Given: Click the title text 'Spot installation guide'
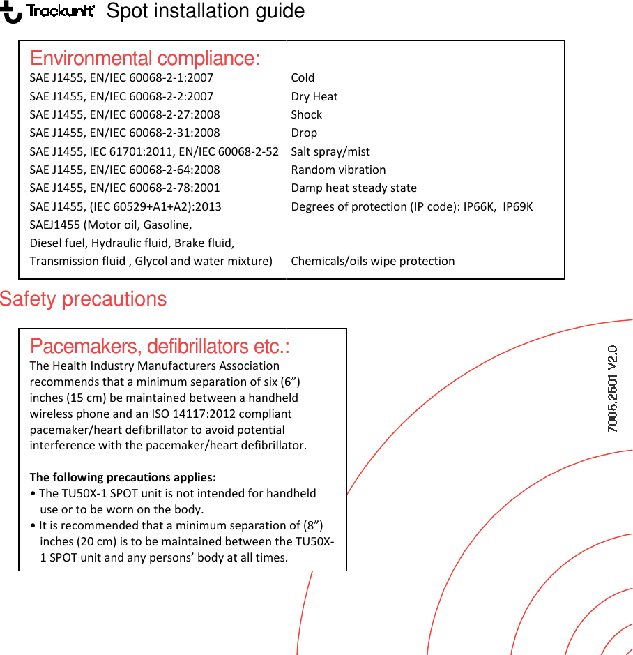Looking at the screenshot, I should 205,12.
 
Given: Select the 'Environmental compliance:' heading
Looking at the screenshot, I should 144,58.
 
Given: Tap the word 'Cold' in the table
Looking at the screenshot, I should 303,77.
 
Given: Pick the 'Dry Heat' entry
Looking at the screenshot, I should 314,96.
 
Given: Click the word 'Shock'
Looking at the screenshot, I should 307,114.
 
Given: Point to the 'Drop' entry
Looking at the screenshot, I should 304,133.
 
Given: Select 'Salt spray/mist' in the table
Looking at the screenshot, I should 330,151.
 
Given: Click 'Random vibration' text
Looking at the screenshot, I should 338,170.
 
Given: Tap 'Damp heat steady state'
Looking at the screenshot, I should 353,188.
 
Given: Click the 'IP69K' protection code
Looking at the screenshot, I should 517,206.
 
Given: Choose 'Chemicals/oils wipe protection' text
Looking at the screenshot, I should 372,261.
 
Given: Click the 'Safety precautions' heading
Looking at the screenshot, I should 84,299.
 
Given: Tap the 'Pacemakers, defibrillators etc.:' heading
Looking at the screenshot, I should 160,347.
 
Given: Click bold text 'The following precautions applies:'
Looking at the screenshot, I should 123,477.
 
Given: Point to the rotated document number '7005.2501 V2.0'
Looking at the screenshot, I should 612,389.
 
